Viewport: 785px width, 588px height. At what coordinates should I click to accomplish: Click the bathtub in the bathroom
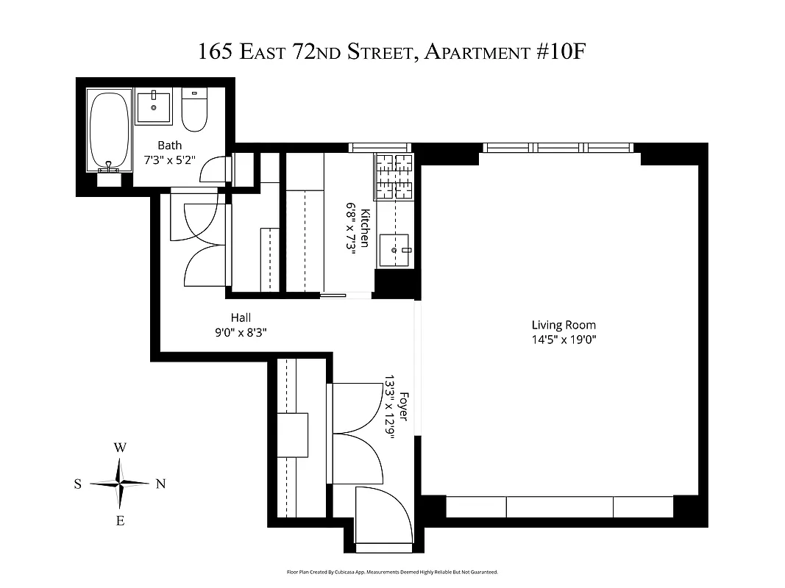point(110,129)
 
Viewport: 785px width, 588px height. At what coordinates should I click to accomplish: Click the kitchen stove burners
point(394,178)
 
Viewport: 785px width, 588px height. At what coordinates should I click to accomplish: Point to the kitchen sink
point(395,251)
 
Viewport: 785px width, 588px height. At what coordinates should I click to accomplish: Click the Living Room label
point(564,325)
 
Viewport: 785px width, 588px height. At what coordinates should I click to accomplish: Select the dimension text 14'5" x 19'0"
point(564,339)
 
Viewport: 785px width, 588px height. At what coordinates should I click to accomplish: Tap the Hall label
point(241,318)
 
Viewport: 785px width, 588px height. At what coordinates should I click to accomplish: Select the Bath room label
point(169,146)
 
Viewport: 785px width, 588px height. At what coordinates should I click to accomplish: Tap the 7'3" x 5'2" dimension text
point(169,159)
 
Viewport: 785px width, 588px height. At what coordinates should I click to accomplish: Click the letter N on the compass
point(160,484)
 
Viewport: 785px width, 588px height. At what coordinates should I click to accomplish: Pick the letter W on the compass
point(120,447)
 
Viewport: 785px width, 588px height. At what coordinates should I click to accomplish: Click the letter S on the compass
point(77,484)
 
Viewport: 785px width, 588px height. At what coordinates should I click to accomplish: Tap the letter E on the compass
point(120,521)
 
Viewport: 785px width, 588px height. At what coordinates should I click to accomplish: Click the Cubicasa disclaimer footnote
point(392,572)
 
